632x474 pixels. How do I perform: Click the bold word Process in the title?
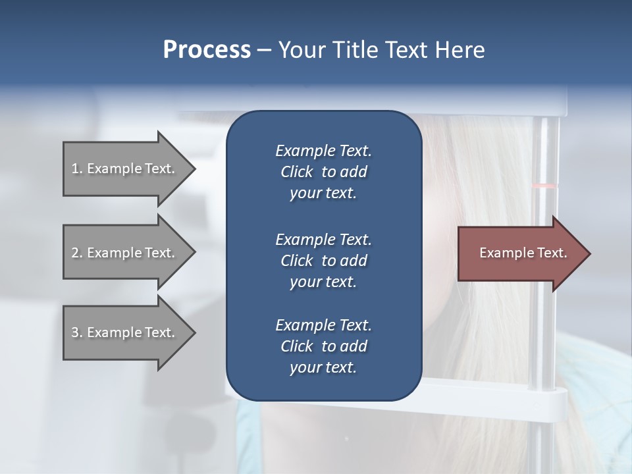point(207,50)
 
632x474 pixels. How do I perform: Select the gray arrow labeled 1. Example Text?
point(124,169)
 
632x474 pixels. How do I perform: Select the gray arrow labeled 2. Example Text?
point(124,253)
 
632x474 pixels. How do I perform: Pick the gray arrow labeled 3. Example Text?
point(124,332)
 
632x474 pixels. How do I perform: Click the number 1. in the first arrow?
point(77,169)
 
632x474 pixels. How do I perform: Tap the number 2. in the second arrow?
point(77,253)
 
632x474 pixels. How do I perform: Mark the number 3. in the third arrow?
point(77,332)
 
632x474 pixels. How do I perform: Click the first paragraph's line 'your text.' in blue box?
point(323,194)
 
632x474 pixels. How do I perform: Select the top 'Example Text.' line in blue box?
point(323,151)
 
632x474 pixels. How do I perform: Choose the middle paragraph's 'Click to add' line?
point(323,261)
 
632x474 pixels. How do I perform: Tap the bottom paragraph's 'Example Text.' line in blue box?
point(323,325)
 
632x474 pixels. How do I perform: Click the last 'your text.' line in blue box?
point(323,368)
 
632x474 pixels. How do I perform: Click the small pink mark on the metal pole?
point(544,186)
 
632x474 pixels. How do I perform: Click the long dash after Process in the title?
point(264,51)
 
